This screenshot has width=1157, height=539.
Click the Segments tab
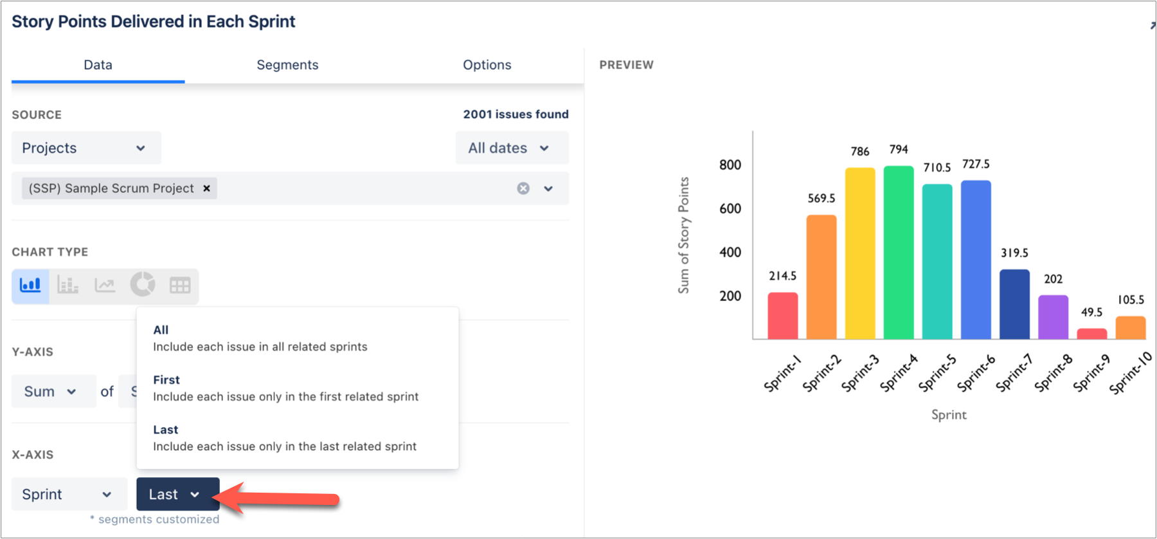[x=287, y=65]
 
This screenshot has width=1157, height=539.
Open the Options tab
[x=487, y=65]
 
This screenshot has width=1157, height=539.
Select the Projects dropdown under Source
[x=85, y=148]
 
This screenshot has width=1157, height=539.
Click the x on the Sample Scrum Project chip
[x=206, y=188]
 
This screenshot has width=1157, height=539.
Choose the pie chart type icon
[x=143, y=284]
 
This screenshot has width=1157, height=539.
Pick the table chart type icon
[x=180, y=285]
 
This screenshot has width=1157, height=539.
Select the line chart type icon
[x=105, y=285]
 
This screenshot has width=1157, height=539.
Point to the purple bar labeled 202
[x=1053, y=317]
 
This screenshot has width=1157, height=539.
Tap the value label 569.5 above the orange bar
[x=821, y=198]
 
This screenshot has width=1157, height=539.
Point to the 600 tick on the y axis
[x=730, y=208]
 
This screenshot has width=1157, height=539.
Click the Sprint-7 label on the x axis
[x=1014, y=373]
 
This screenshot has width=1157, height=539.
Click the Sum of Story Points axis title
[x=684, y=235]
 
